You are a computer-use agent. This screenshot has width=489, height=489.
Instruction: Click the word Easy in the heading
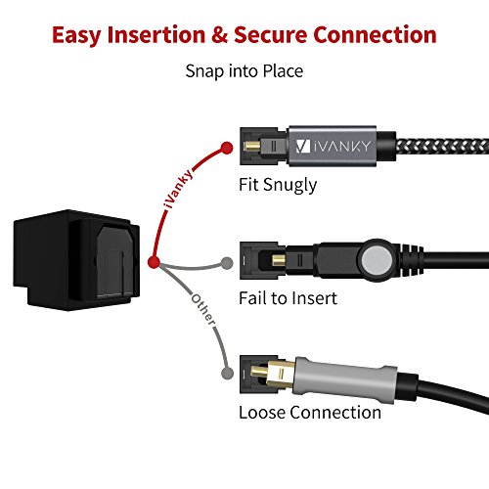82,35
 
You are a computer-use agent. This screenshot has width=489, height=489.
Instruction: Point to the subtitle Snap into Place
244,71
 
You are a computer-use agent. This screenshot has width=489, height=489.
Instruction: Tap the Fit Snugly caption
277,183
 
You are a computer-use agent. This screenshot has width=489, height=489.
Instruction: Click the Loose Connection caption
309,412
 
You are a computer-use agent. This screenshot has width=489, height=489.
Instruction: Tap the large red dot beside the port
154,262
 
